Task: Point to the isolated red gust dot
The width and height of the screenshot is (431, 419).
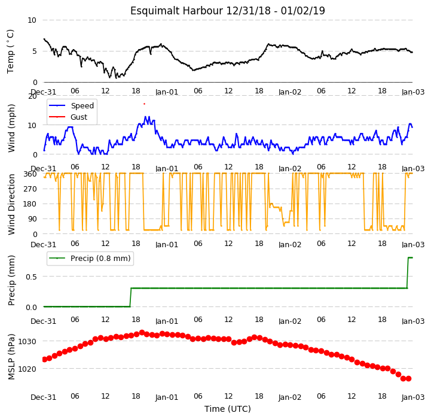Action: (x=144, y=104)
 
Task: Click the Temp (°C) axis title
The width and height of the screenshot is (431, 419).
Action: (x=10, y=51)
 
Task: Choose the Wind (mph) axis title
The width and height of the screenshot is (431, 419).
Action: (x=11, y=128)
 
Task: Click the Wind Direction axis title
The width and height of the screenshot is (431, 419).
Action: (x=11, y=204)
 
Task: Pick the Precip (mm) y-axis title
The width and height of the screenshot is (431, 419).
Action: (x=11, y=281)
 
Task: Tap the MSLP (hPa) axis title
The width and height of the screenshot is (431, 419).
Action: (x=11, y=357)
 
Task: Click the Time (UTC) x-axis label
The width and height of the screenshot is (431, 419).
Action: (x=228, y=409)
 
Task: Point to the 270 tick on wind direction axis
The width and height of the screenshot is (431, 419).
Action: (x=31, y=189)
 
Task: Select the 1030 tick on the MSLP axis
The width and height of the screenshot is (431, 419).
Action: (x=27, y=342)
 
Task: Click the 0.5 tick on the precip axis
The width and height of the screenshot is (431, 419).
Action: (x=31, y=277)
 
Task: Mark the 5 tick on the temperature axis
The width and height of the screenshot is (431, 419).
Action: (x=35, y=51)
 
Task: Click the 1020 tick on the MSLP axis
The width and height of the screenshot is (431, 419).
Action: (x=27, y=369)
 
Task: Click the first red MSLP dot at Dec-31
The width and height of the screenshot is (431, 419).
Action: (x=44, y=359)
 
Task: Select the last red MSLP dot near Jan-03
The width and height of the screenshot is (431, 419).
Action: (x=409, y=378)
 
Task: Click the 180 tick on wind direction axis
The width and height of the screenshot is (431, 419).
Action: (x=31, y=204)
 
